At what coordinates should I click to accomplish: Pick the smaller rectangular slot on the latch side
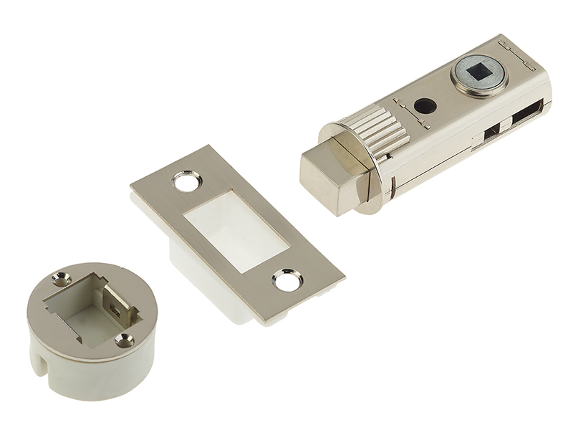[491, 133]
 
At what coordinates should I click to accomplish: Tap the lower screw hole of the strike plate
[288, 282]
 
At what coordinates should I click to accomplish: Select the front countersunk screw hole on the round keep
[125, 340]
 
